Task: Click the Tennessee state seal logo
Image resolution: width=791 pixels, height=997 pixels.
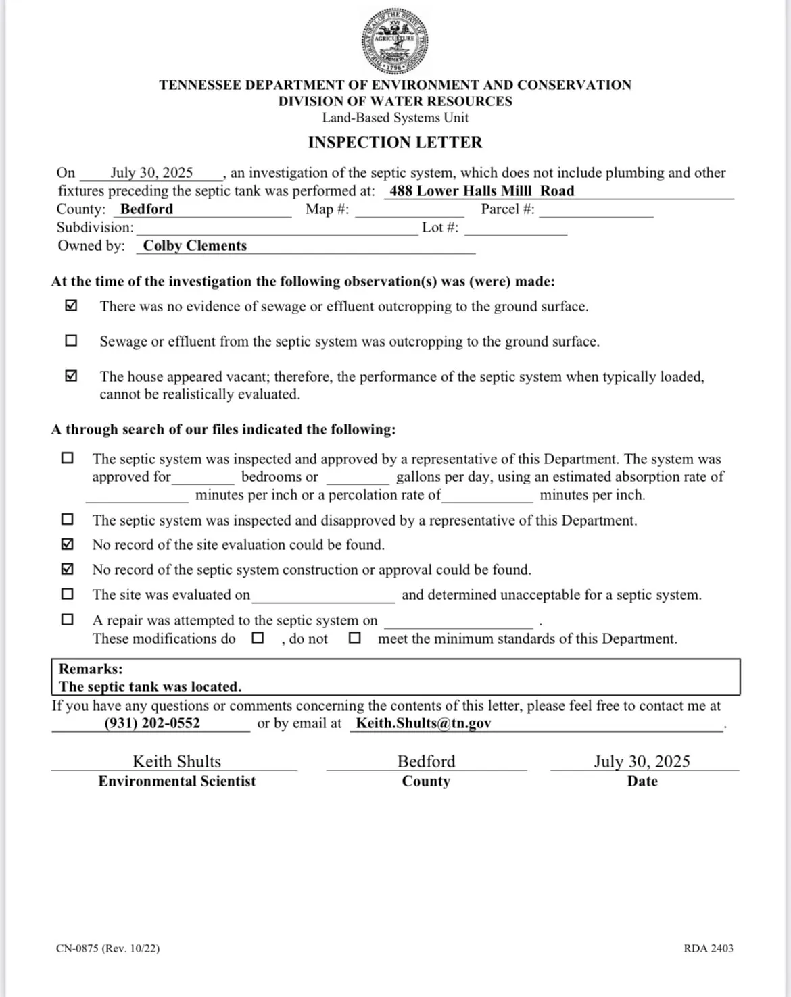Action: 395,42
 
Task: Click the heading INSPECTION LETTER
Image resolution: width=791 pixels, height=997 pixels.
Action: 395,143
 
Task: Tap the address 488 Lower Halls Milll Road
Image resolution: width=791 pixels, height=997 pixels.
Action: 481,191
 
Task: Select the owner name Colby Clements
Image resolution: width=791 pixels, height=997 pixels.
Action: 195,246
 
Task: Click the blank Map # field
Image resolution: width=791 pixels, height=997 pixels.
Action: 409,209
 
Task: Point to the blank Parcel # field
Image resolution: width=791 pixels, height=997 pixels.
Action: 596,209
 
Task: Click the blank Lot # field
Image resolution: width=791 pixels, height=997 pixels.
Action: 515,228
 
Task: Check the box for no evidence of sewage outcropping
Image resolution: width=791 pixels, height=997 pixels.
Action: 71,306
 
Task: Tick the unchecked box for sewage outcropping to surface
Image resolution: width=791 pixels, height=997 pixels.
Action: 71,341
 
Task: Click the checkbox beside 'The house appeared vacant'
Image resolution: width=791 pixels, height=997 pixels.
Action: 71,376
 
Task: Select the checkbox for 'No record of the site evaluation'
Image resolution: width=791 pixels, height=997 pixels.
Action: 68,544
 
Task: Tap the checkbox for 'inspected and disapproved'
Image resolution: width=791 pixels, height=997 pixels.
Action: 68,519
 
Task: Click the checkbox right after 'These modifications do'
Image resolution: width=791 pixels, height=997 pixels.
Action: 258,638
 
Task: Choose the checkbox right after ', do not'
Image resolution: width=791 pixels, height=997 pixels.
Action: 354,638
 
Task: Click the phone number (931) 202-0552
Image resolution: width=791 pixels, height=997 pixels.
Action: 152,723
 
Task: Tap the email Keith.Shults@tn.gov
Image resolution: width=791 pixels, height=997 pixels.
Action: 423,723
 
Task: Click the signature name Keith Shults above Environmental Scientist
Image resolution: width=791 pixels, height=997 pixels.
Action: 176,762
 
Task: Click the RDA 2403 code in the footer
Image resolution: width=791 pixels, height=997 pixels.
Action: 708,948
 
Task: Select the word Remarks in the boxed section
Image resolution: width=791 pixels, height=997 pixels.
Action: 91,669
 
